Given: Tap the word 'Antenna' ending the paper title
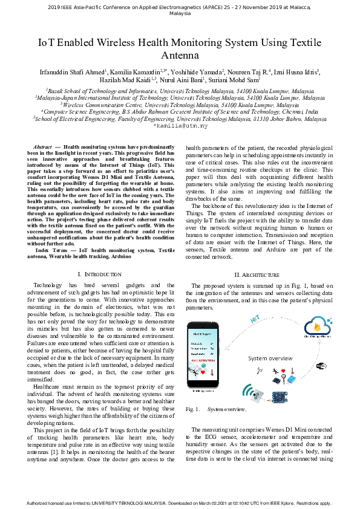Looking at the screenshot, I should pyautogui.click(x=180, y=56).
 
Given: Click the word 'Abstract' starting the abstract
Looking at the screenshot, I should pyautogui.click(x=42, y=147).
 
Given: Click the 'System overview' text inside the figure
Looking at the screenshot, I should pyautogui.click(x=270, y=358).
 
